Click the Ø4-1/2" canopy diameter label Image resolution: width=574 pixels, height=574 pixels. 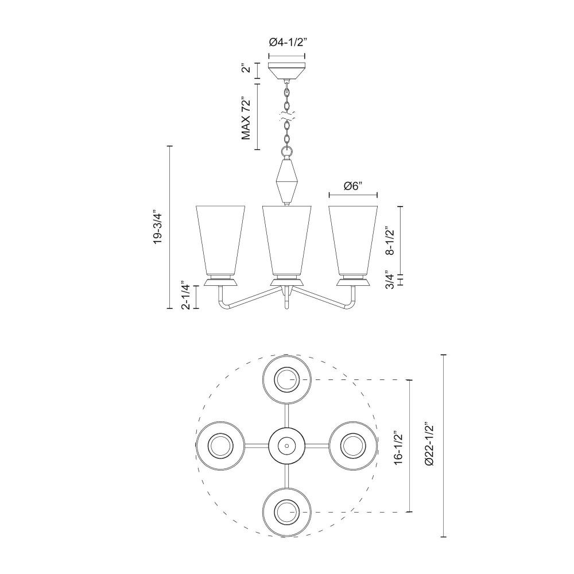pos(287,42)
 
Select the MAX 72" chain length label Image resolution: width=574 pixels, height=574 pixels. pos(247,118)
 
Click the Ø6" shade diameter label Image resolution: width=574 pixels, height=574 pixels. pos(353,187)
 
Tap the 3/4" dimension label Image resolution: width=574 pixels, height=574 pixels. pos(390,281)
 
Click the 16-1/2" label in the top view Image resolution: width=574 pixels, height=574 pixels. pos(398,446)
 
